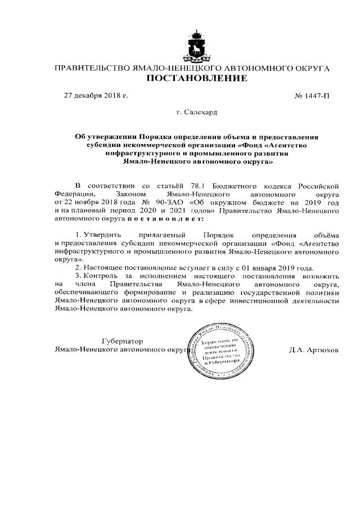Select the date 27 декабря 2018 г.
(x=96, y=96)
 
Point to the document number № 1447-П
(x=312, y=96)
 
